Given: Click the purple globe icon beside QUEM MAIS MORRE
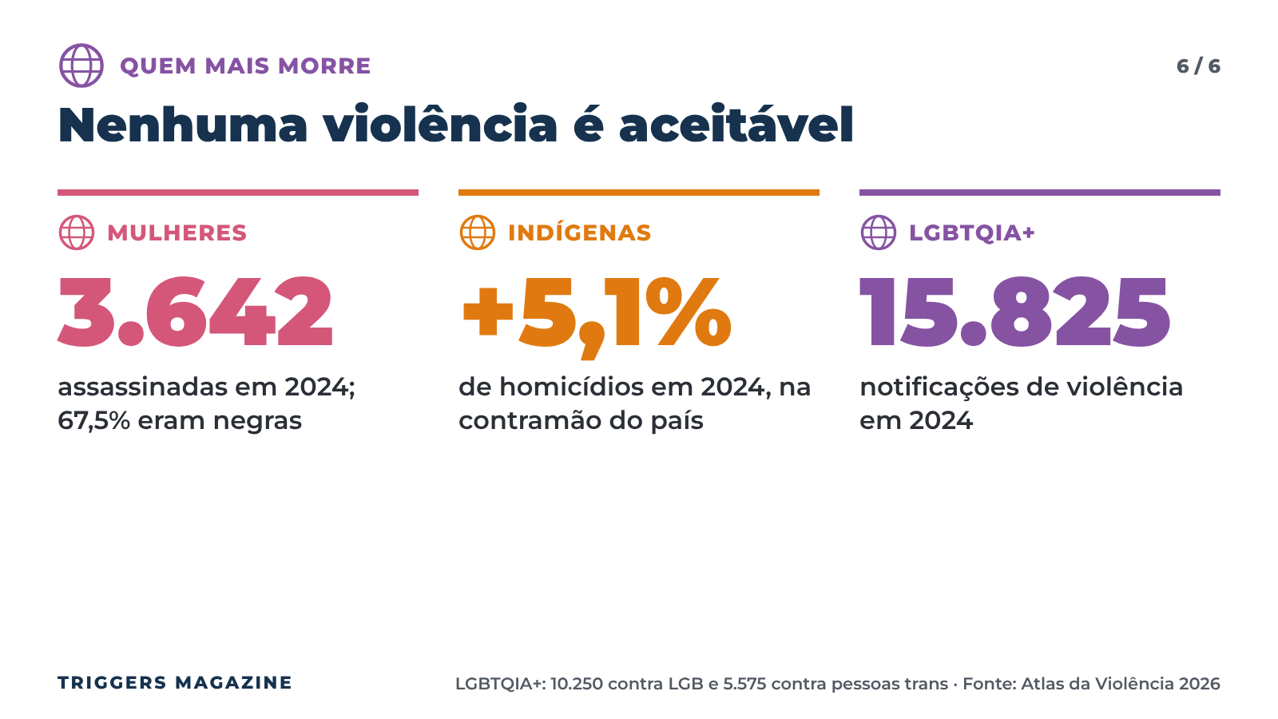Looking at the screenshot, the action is (81, 66).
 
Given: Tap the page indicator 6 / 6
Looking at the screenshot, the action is (1198, 66).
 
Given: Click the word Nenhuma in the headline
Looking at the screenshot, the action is (183, 125).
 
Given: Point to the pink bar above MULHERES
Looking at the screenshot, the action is (238, 193).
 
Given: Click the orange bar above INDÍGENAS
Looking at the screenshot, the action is (639, 193).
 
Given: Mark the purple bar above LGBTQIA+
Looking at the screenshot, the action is (1040, 193).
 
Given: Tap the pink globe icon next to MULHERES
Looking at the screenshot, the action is (77, 232).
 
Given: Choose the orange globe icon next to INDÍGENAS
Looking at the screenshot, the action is (478, 232).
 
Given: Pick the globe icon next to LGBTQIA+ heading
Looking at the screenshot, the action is (879, 232).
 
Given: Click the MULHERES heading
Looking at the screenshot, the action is (177, 232).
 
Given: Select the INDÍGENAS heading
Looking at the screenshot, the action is (580, 232).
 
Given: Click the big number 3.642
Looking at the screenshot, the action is (195, 312).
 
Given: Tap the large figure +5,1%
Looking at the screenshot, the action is (597, 316).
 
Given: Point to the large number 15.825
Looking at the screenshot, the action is (1015, 312).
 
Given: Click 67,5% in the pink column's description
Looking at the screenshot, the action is (94, 421).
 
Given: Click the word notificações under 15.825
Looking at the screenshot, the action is (939, 388).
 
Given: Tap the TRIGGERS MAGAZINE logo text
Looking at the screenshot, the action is (175, 682).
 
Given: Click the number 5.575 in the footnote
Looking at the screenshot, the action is (744, 684).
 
